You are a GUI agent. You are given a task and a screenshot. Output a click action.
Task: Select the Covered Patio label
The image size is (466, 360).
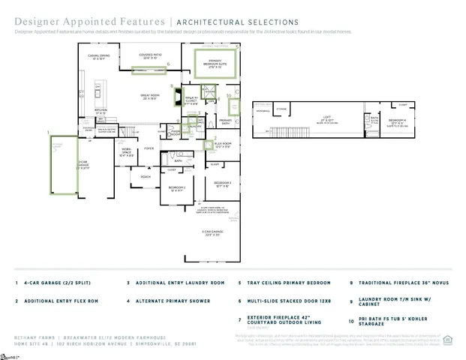(x=151, y=56)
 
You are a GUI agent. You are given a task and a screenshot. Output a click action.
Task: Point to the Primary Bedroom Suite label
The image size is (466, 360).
(x=217, y=64)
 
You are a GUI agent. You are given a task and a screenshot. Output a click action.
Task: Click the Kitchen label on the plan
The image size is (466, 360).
(x=100, y=112)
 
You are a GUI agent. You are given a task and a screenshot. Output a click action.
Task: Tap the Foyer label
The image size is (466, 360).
(x=149, y=148)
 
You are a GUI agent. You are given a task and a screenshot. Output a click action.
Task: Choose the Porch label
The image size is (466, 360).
(x=145, y=176)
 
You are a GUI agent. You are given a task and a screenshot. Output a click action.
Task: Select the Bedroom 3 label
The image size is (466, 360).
(x=222, y=183)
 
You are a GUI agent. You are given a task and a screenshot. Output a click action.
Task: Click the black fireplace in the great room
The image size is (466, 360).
(x=177, y=97)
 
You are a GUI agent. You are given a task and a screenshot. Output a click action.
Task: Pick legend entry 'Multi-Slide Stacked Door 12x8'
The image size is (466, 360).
(x=285, y=301)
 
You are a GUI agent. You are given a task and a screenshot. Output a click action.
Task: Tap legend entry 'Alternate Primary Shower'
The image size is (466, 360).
(x=170, y=301)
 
